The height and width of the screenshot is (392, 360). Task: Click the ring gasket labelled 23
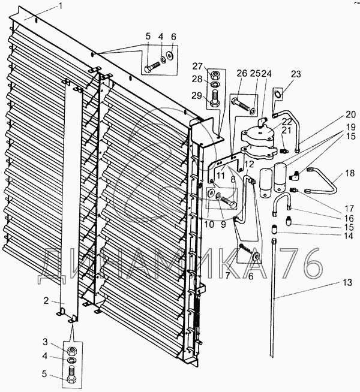pos(278,95)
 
